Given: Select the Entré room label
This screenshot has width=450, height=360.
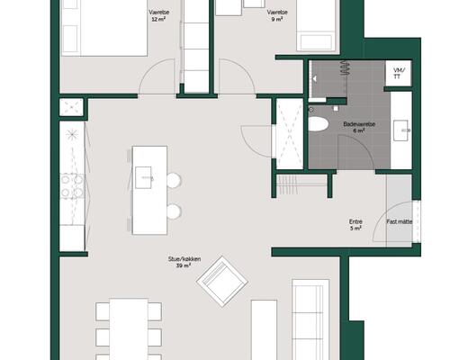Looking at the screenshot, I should point(355,225).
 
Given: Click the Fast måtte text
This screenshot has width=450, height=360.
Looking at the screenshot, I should point(400,221).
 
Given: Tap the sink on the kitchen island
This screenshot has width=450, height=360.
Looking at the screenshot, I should point(145,178).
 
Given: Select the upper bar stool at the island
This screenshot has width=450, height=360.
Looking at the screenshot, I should point(173,180).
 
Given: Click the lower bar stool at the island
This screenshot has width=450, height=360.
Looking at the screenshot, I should point(173,211).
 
